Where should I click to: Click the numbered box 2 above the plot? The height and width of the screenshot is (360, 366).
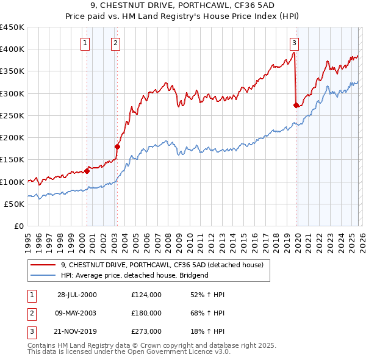point(115,43)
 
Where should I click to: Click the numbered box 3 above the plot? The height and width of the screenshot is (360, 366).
point(294,43)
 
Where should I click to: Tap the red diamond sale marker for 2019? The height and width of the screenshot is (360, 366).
point(296,106)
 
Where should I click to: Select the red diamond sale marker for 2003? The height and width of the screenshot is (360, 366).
point(117,146)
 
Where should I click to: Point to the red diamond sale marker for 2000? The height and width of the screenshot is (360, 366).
point(87,171)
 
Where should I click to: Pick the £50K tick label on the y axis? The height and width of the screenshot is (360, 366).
point(14,204)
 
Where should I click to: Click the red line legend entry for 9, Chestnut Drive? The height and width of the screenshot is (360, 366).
point(162,265)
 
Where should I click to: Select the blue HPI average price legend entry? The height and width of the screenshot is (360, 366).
point(134,275)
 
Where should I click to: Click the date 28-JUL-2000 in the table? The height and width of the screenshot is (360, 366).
point(77,295)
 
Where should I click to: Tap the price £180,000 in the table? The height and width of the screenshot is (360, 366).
point(146,313)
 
